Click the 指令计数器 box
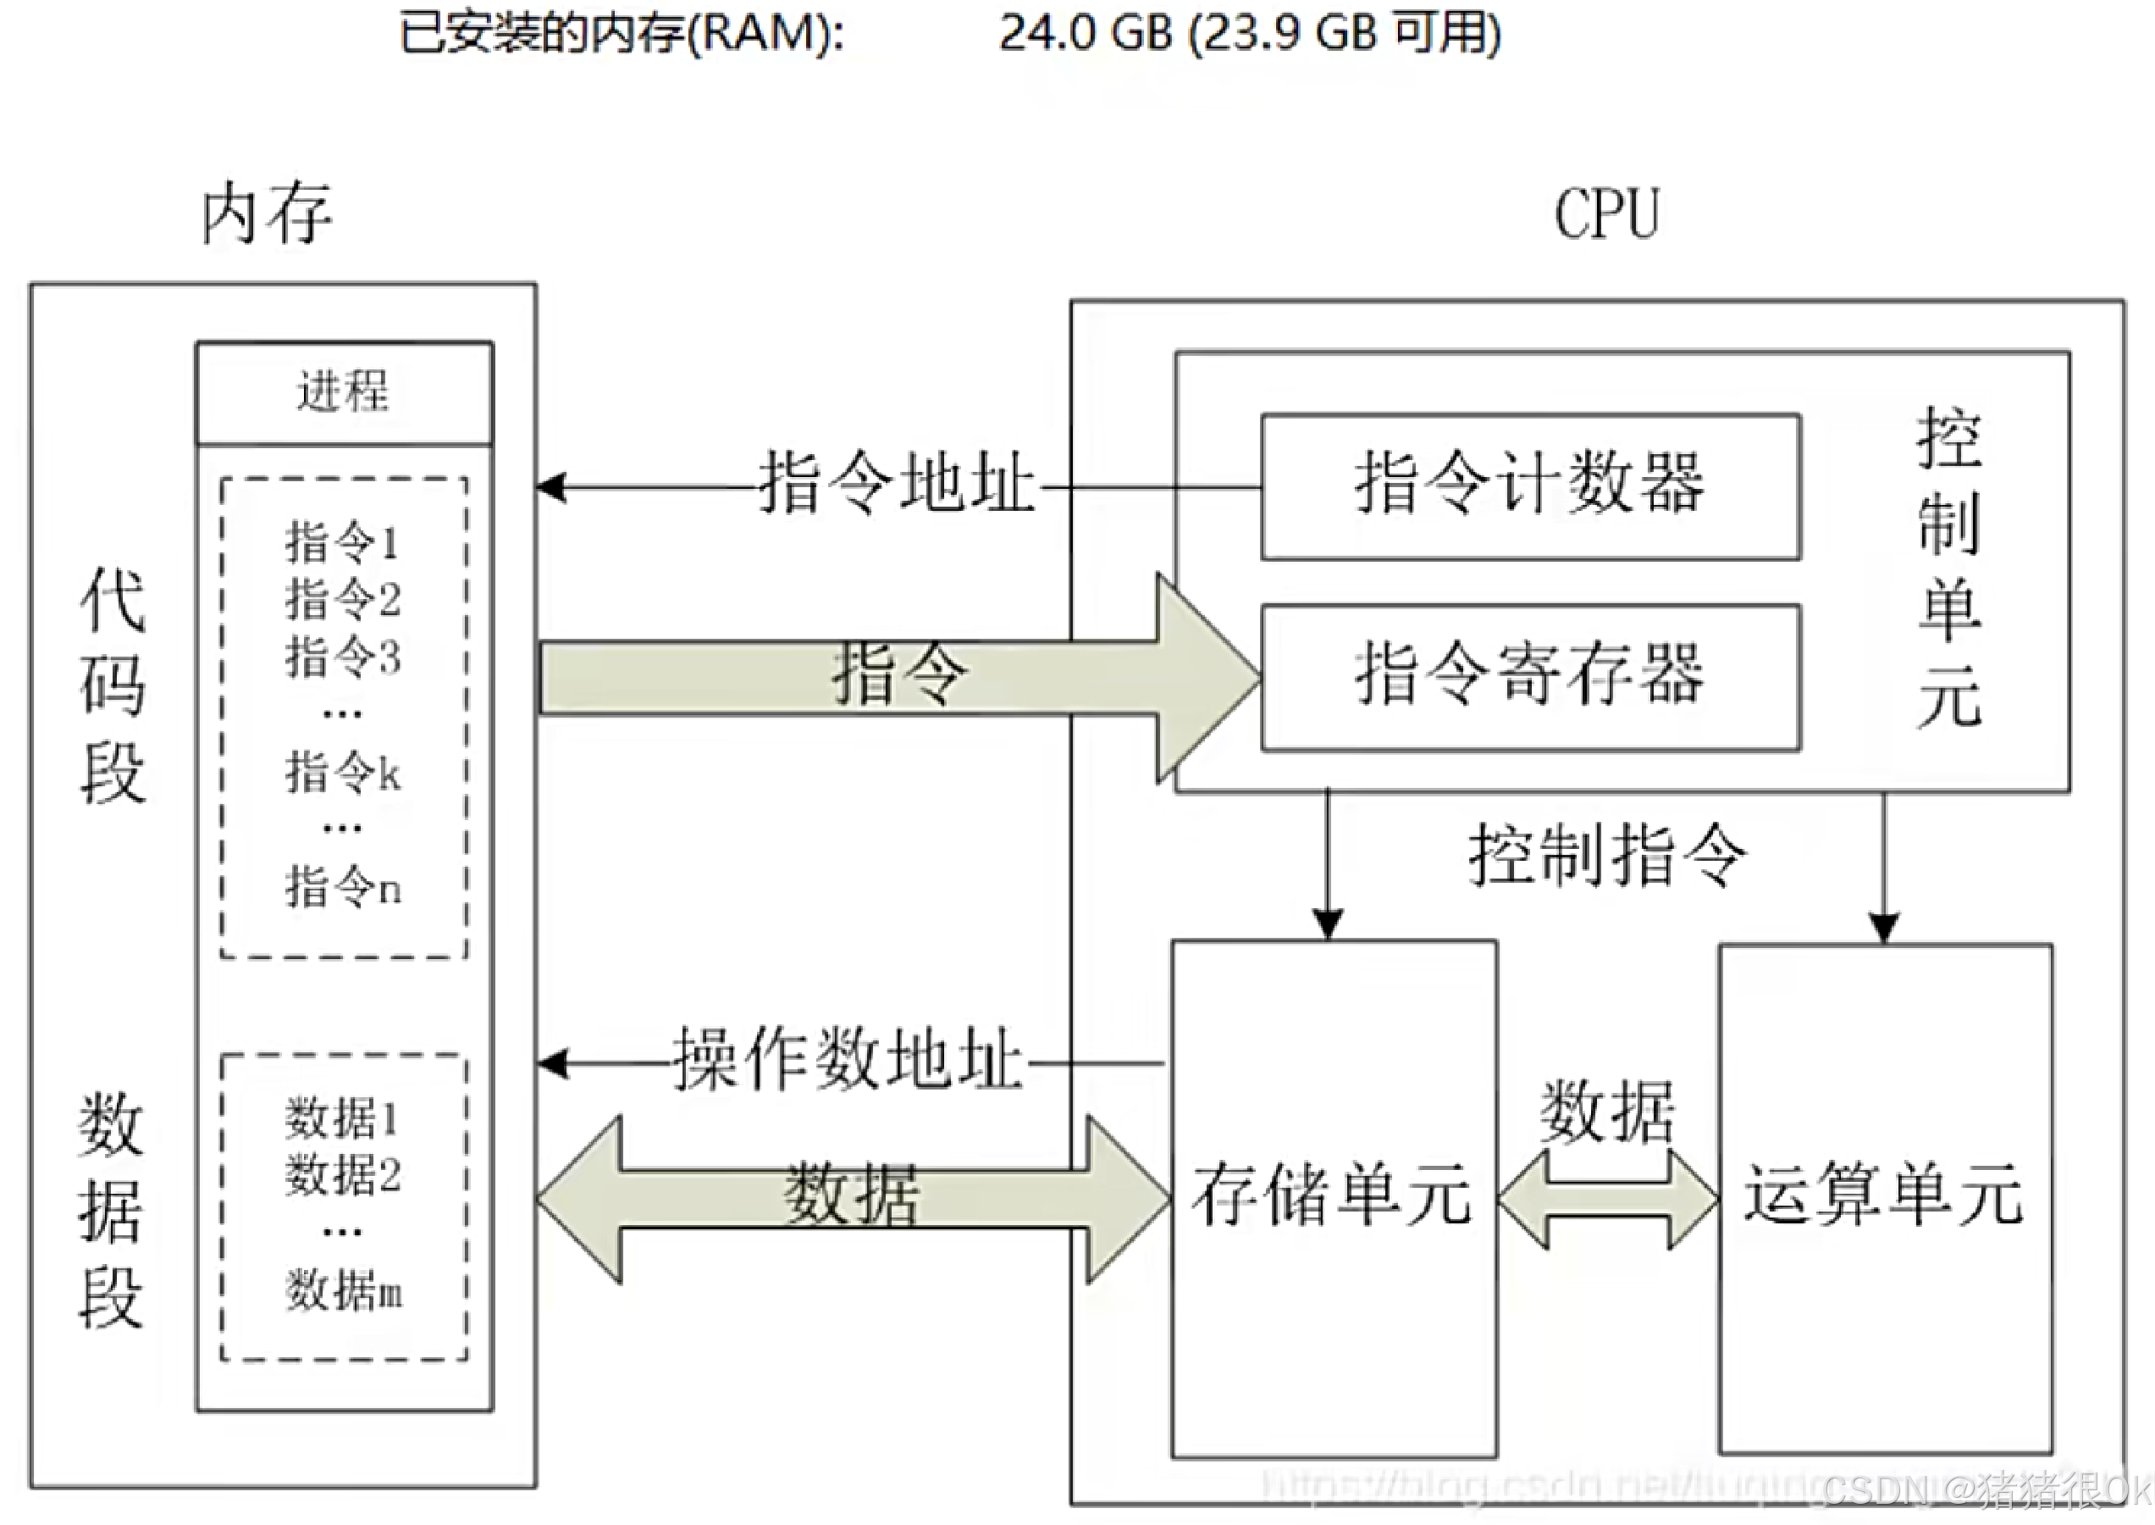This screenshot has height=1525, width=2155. click(x=1530, y=486)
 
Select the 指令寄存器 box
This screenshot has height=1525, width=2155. click(x=1530, y=677)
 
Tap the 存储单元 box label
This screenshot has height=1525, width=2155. click(x=1332, y=1195)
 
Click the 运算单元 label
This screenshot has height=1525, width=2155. click(x=1884, y=1195)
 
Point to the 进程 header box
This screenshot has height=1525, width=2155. click(x=344, y=391)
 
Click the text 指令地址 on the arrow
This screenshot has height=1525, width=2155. click(x=897, y=483)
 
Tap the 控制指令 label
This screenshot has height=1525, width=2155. click(x=1607, y=855)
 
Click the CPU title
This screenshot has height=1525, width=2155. click(x=1607, y=214)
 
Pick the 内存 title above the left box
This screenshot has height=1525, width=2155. click(x=268, y=214)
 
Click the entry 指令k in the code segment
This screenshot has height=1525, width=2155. click(x=344, y=773)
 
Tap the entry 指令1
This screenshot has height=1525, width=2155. click(x=344, y=543)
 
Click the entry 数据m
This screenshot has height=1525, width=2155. click(x=344, y=1290)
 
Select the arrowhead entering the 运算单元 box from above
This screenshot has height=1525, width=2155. click(x=1884, y=927)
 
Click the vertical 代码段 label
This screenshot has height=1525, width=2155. click(x=113, y=685)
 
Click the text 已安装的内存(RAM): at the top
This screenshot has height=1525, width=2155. click(x=622, y=34)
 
